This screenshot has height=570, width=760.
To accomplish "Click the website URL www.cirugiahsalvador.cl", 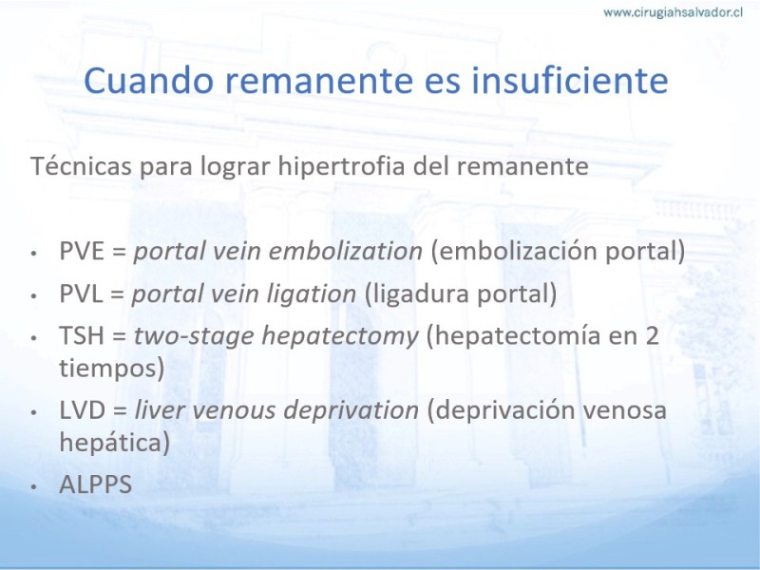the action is (x=673, y=12).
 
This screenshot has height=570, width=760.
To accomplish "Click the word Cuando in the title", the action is (x=149, y=80).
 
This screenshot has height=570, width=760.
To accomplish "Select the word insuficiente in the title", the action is (x=570, y=80).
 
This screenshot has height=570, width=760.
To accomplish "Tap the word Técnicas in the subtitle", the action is (x=81, y=165).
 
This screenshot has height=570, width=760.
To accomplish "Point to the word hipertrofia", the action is (x=341, y=167).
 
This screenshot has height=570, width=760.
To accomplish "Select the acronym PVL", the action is (x=81, y=294).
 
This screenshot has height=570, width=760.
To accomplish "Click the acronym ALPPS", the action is (x=96, y=484).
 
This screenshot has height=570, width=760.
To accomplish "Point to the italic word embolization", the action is (x=346, y=251).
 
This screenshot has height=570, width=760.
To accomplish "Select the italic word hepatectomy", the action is (x=340, y=336).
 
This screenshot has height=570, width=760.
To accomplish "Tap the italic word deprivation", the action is (x=351, y=410).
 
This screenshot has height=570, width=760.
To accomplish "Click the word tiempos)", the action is (x=112, y=369).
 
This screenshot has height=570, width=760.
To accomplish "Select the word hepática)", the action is (x=115, y=443).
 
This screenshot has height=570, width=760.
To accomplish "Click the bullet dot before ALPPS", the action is (x=33, y=486).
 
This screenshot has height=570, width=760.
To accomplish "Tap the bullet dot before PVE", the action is (x=33, y=253).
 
